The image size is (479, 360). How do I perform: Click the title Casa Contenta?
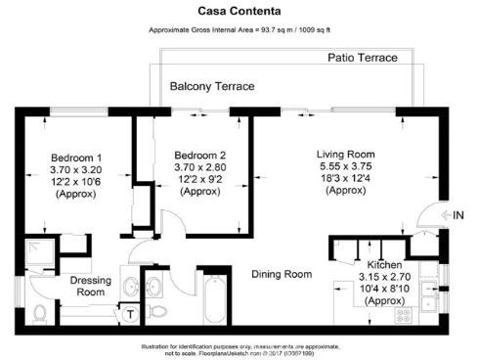(239, 12)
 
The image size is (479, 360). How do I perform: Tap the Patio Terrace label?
(362, 59)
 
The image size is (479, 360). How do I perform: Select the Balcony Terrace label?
(211, 87)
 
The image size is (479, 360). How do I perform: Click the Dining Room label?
(282, 274)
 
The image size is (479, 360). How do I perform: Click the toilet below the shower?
(40, 312)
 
